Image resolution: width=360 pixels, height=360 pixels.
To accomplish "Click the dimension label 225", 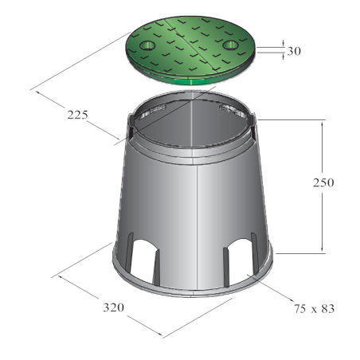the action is pos(77,115).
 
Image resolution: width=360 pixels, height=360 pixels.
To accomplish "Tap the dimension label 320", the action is pos(113,307).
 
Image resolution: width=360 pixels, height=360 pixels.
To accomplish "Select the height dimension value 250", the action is pos(323,182).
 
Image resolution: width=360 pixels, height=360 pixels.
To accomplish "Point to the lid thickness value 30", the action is pos(294,51).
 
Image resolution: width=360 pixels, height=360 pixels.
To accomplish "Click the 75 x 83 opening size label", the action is pos(314,309).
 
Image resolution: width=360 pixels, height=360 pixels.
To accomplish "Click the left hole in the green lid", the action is pos(147,45).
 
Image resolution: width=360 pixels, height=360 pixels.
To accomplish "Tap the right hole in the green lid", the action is pos(230,45).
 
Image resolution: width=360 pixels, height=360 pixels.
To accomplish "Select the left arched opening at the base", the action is pos(143,261).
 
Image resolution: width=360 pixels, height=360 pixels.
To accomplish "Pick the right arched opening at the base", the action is pos(241,259).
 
